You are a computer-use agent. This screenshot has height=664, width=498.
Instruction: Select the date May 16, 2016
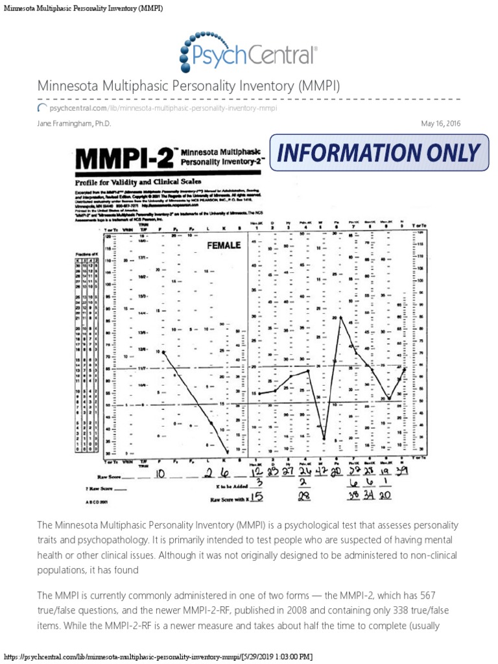click(x=441, y=123)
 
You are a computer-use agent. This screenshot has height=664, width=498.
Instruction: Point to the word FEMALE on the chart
click(x=224, y=245)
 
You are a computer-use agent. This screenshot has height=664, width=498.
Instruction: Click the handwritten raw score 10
click(x=160, y=475)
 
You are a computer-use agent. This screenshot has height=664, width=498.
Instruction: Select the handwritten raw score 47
click(x=322, y=471)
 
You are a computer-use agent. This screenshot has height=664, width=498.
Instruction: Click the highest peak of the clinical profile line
click(x=340, y=316)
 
